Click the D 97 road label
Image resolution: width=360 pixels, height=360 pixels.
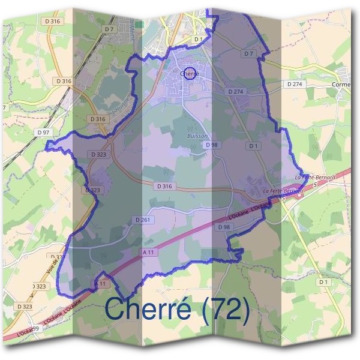pos(42,132)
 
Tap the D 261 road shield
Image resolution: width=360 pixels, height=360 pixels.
pos(143,220)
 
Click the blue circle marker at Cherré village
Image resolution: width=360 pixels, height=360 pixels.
pos(189,73)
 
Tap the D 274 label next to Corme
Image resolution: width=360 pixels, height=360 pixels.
pos(295,85)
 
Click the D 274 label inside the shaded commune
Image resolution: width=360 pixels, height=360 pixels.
pos(236,92)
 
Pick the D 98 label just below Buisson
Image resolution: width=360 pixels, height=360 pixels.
pos(211,145)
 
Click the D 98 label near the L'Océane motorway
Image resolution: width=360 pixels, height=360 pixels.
pos(224,227)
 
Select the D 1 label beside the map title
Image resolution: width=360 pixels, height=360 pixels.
pos(324,281)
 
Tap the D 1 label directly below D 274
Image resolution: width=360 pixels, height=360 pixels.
pos(253,146)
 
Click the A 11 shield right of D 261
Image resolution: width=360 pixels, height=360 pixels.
pos(148,253)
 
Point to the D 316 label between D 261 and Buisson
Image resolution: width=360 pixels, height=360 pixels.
pos(165,187)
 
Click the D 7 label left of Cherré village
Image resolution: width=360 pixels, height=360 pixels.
pos(109,29)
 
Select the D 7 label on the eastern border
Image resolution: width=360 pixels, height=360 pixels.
pos(249,54)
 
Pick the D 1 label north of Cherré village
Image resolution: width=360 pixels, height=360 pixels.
pos(199,39)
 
